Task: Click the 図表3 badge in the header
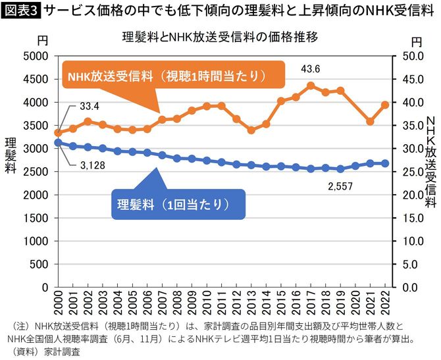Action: pyautogui.click(x=20, y=11)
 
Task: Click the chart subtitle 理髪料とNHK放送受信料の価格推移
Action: pyautogui.click(x=220, y=38)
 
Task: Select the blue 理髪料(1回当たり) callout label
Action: pyautogui.click(x=174, y=203)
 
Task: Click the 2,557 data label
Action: pyautogui.click(x=340, y=186)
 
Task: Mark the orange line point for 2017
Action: pyautogui.click(x=311, y=86)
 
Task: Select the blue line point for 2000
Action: pyautogui.click(x=58, y=142)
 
